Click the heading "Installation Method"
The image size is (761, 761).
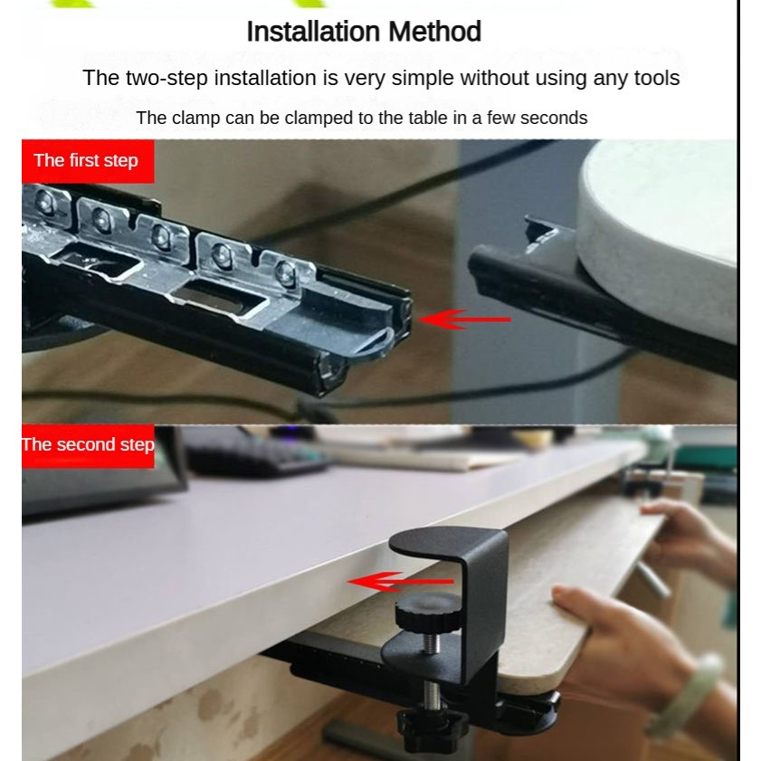pyautogui.click(x=364, y=32)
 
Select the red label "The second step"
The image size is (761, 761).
pyautogui.click(x=88, y=445)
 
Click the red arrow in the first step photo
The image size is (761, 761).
pyautogui.click(x=464, y=319)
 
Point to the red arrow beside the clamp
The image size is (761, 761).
pyautogui.click(x=401, y=582)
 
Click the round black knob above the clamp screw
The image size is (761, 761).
pyautogui.click(x=428, y=613)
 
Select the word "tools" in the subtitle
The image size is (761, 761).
pyautogui.click(x=657, y=78)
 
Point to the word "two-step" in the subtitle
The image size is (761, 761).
pyautogui.click(x=167, y=79)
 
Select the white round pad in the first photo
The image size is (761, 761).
pyautogui.click(x=660, y=233)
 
